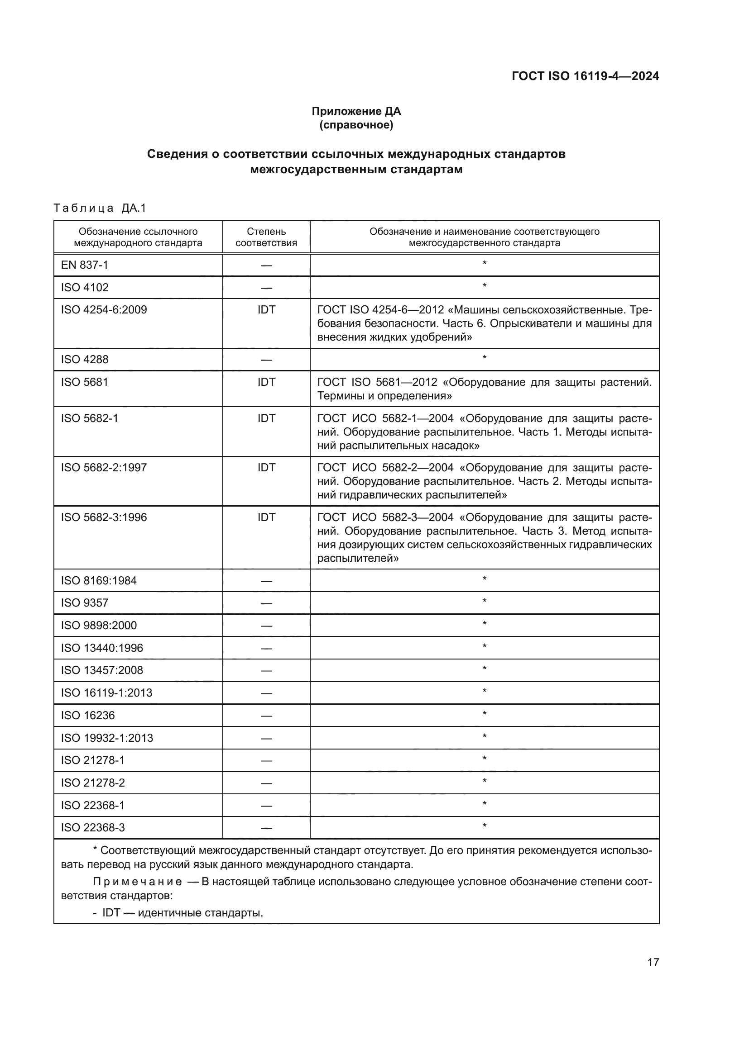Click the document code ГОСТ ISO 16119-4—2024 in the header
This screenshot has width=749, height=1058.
(x=585, y=76)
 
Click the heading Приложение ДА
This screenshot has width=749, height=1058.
(x=356, y=111)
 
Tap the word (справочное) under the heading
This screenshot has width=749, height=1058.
(x=356, y=125)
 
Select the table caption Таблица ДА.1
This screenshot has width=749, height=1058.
(x=100, y=208)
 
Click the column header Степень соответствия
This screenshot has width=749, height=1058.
(x=266, y=237)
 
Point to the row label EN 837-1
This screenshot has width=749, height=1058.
(x=84, y=265)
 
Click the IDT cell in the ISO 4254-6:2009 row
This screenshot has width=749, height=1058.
(x=266, y=310)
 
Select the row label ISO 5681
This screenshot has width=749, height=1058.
(x=84, y=382)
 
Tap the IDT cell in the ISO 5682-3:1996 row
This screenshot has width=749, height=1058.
(x=266, y=517)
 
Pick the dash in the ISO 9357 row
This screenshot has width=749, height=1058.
(x=266, y=603)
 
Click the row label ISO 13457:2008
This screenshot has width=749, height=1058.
(x=102, y=670)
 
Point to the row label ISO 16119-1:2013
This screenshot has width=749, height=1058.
(x=106, y=693)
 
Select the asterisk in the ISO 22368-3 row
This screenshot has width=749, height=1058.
(x=484, y=826)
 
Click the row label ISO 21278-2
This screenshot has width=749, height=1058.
(x=93, y=783)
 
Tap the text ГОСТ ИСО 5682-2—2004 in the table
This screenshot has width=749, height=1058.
(x=385, y=468)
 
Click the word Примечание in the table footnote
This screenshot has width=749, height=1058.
(x=138, y=882)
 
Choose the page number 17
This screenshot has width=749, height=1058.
(x=653, y=963)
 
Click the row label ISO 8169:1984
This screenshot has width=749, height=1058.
(x=99, y=581)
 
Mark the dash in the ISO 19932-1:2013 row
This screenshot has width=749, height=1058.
(x=266, y=738)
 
